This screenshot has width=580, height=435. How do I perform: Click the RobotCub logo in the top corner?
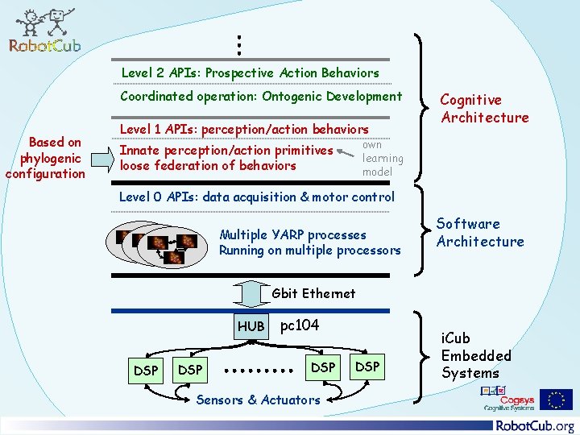point(44,31)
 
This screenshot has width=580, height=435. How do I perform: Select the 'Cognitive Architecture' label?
point(483,109)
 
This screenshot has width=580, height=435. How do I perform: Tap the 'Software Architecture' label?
point(479,233)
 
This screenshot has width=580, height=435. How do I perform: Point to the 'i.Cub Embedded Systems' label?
point(475,355)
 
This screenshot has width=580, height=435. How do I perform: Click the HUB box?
point(251,326)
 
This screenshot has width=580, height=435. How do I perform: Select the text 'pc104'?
point(299,325)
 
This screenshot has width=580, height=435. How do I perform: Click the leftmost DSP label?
point(146,370)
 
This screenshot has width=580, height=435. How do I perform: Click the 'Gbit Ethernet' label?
point(313,293)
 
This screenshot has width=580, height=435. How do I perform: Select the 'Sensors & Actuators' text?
point(258,400)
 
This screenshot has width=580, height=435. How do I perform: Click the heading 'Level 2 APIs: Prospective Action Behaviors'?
point(250,72)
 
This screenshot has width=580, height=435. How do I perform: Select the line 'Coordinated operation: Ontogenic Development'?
point(260,97)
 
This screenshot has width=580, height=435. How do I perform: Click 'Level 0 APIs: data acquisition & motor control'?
point(256,197)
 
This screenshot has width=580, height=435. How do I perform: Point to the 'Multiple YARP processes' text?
point(292,235)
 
